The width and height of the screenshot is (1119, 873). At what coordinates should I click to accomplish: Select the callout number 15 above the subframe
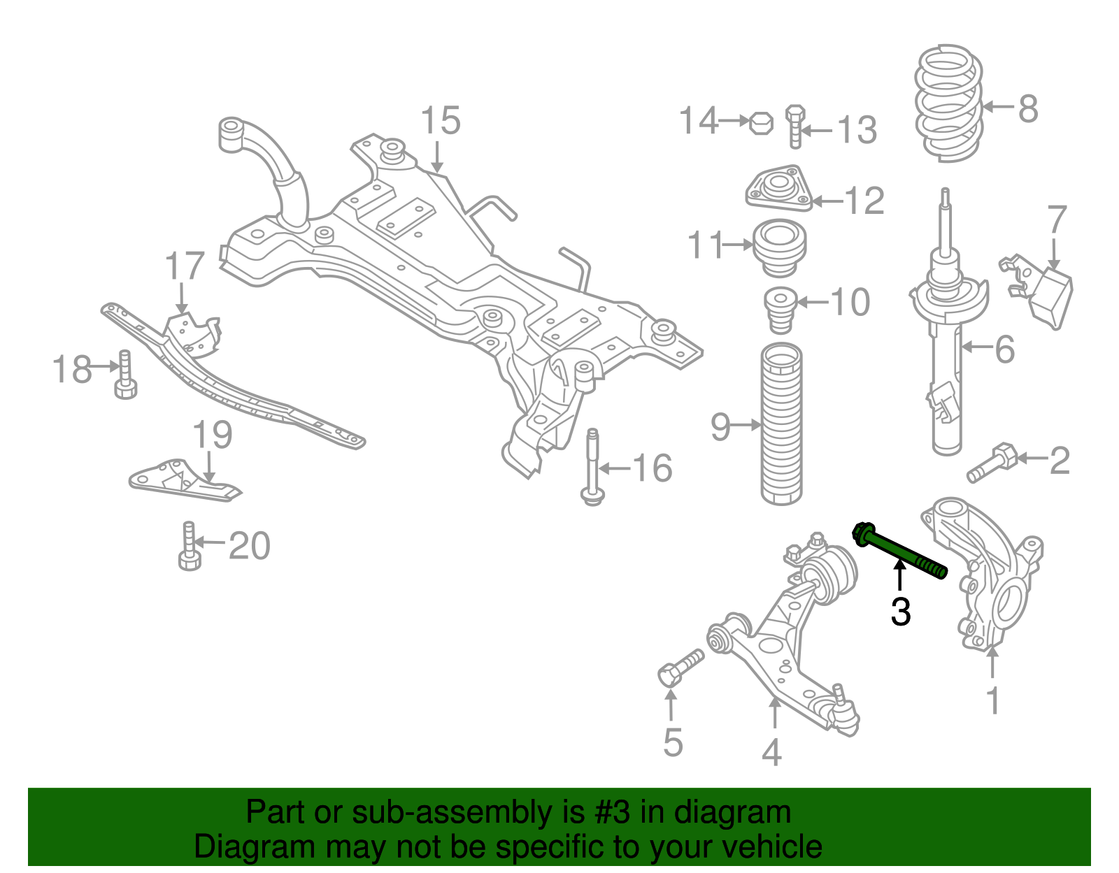(x=441, y=121)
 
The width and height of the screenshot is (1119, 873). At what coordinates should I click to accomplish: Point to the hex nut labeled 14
(x=761, y=122)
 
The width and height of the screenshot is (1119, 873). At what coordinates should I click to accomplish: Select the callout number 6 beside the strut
(x=1004, y=349)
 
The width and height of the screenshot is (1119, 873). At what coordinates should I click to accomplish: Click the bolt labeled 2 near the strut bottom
(x=992, y=463)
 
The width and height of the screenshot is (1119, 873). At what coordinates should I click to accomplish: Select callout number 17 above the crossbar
(x=185, y=266)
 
